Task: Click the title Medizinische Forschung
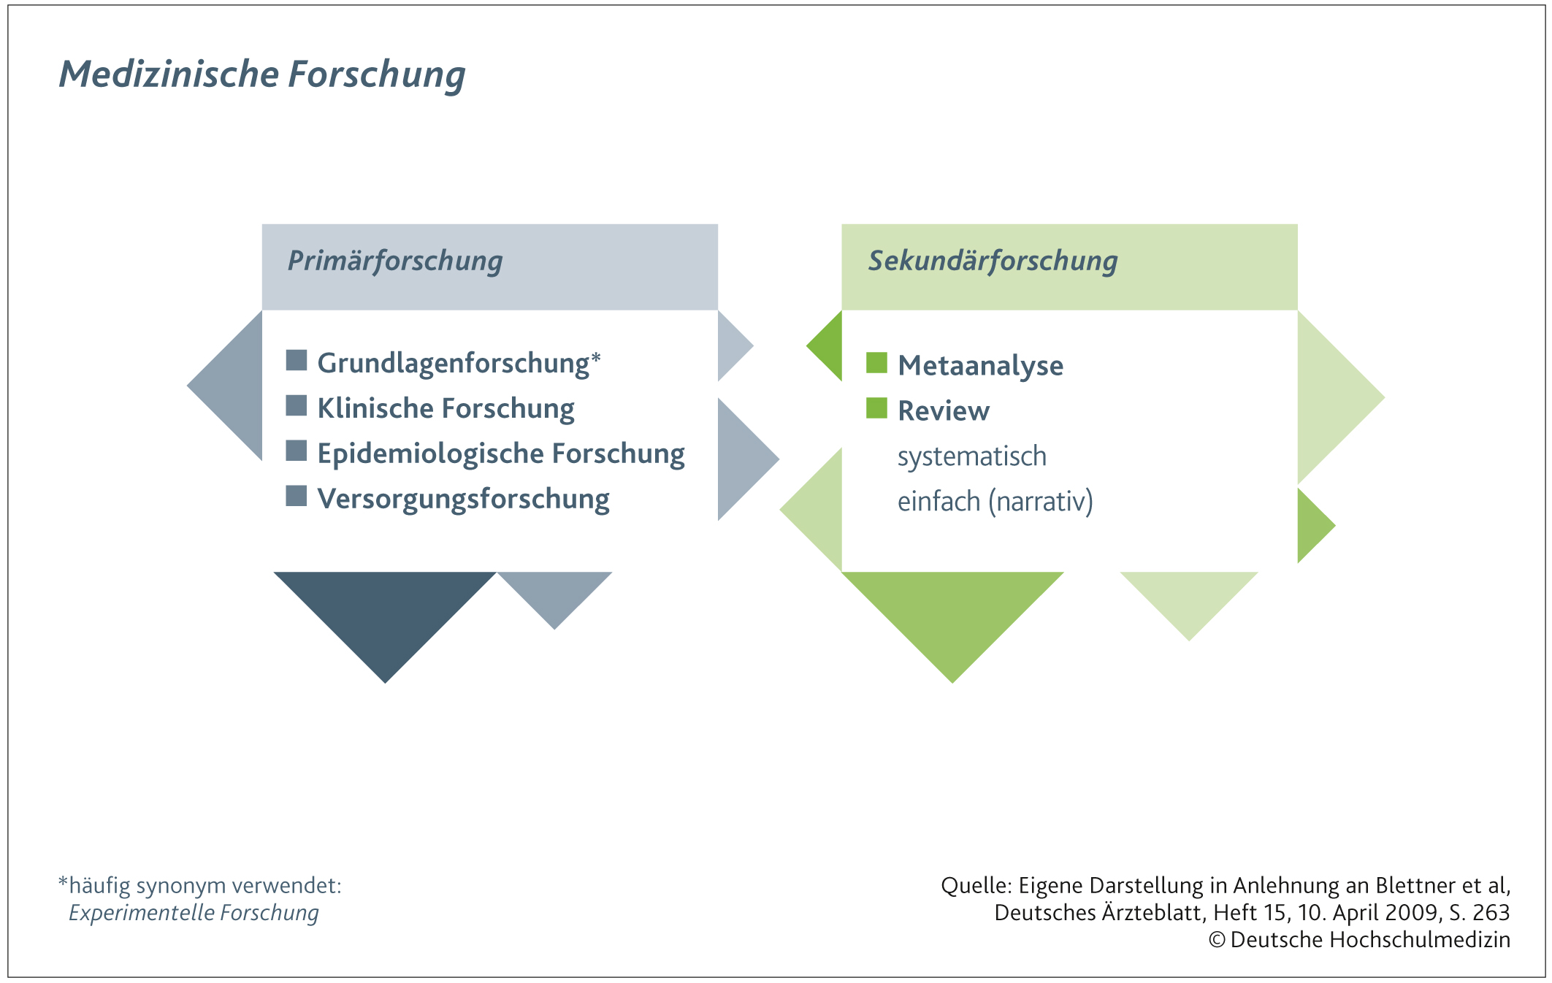click(262, 74)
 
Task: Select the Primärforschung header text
click(395, 261)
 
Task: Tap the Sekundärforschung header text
click(993, 261)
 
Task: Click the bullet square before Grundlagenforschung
click(297, 360)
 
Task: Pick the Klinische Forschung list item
click(446, 408)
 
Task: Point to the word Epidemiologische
click(430, 454)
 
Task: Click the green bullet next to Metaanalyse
click(876, 363)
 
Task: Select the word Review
click(944, 411)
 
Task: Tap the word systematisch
click(972, 456)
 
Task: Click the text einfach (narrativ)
click(995, 502)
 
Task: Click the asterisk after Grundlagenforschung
click(596, 358)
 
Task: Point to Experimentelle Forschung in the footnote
click(194, 913)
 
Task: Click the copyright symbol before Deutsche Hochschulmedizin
click(1217, 940)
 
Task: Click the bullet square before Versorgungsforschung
click(297, 496)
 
